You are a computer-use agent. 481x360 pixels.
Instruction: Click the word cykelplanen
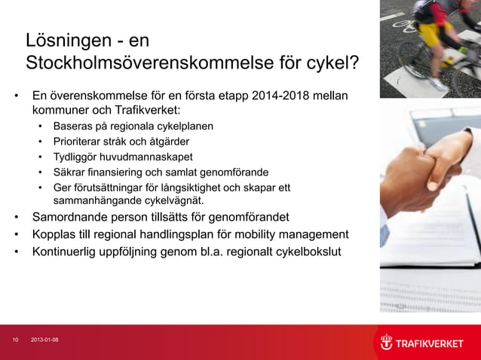click(x=183, y=126)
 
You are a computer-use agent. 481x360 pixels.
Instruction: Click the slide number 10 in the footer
click(x=15, y=340)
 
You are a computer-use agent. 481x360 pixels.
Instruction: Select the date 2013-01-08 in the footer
click(x=44, y=340)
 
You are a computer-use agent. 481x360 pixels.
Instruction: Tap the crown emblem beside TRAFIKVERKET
click(x=386, y=343)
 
